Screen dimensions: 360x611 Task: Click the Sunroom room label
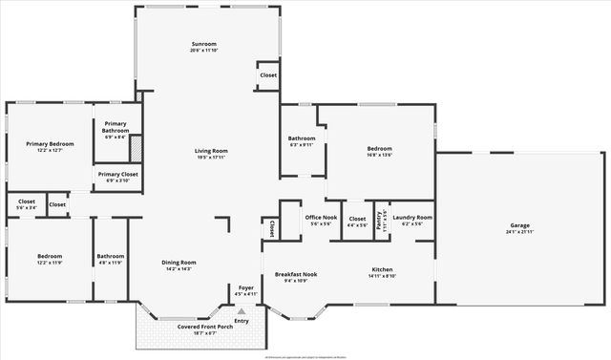click(204, 44)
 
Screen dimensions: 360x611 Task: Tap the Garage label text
click(519, 226)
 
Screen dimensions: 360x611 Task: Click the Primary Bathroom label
click(116, 127)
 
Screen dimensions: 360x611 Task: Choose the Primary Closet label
click(117, 175)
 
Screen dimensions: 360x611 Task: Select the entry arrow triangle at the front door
click(242, 310)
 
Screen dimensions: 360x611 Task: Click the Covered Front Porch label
click(201, 328)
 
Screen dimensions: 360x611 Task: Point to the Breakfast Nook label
click(296, 275)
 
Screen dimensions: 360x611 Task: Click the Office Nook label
click(320, 219)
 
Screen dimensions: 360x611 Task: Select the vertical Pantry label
click(381, 219)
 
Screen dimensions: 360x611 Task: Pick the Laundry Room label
click(412, 218)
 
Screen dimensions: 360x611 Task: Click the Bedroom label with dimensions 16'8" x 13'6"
click(379, 149)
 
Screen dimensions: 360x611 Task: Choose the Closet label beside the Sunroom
click(267, 74)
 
